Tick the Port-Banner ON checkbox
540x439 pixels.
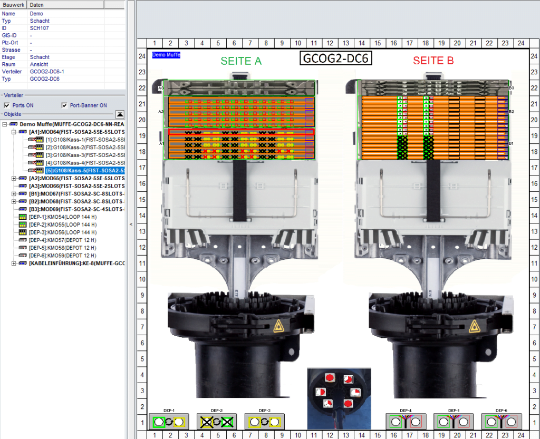(65, 105)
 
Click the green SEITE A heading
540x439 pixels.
(241, 61)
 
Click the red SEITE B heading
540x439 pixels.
(433, 61)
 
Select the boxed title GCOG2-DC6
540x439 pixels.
(336, 58)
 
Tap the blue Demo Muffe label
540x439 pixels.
(166, 55)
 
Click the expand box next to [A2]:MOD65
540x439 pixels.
(13, 179)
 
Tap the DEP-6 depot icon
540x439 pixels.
(501, 422)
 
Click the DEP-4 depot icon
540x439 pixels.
(405, 422)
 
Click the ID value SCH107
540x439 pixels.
(40, 28)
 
